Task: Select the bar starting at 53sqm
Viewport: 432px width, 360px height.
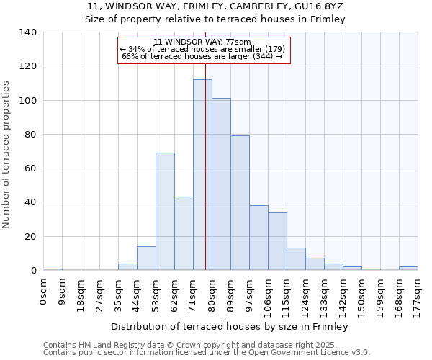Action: [165, 212]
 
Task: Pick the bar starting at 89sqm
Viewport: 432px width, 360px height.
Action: [240, 203]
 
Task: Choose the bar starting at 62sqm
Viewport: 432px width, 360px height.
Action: [184, 233]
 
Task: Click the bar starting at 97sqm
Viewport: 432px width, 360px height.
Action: [258, 238]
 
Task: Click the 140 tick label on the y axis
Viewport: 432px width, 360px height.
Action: [28, 32]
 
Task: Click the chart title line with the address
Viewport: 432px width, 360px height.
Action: [215, 6]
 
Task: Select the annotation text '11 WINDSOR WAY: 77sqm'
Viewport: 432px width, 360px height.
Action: [202, 42]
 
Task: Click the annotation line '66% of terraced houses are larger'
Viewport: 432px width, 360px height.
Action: [202, 55]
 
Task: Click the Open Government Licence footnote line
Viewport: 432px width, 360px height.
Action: [207, 353]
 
